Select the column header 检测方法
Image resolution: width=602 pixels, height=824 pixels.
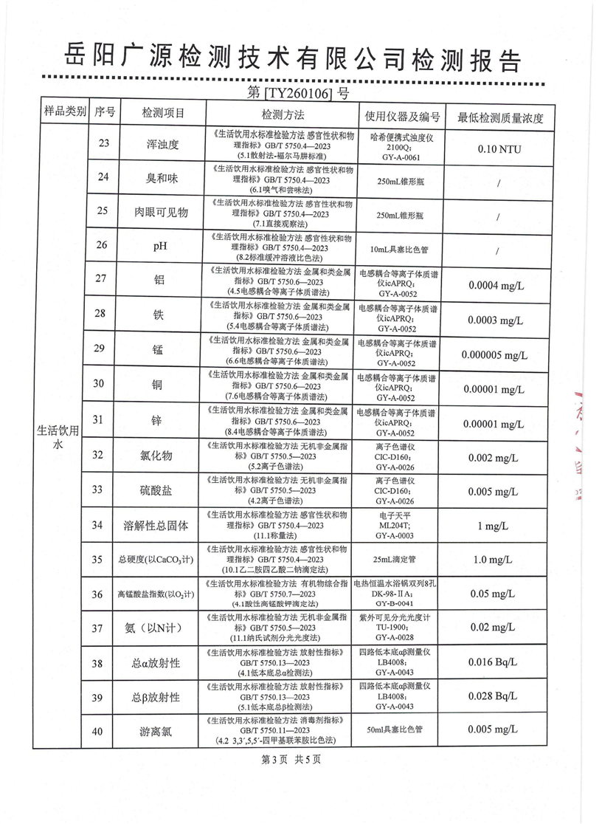pos(283,114)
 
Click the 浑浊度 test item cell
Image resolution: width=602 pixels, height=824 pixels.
pos(163,145)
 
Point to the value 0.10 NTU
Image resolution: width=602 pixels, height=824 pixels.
pos(499,149)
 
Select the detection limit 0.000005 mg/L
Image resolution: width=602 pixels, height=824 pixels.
pos(495,354)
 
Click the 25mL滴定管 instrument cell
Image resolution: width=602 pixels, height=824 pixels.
pos(398,560)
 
